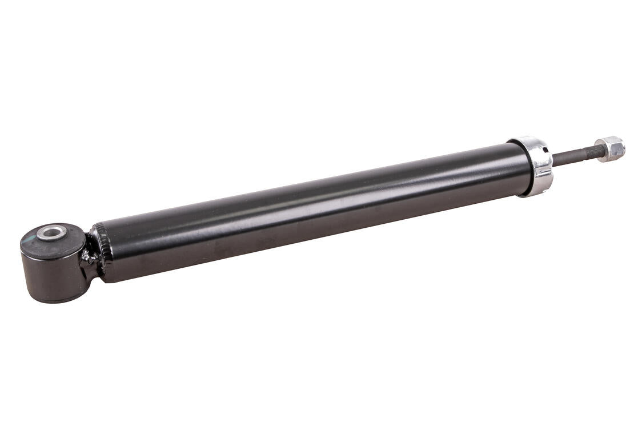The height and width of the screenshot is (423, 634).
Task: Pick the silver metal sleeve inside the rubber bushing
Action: pos(52,233)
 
